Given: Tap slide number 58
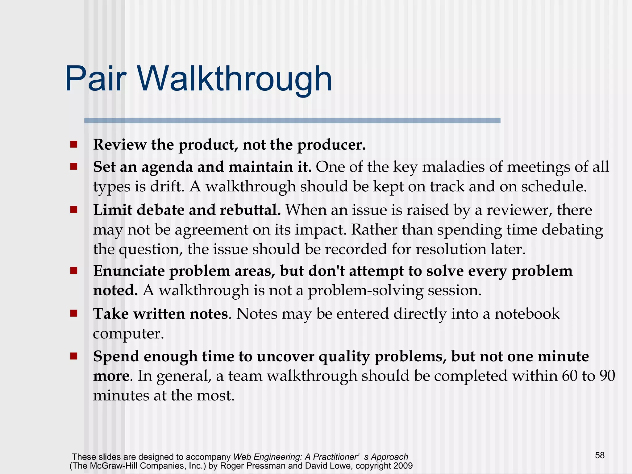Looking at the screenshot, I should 600,455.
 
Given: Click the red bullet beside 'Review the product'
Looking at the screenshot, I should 73,144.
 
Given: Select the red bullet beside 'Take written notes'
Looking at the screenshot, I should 73,314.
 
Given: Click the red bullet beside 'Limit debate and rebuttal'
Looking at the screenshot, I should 73,210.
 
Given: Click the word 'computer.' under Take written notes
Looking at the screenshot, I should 128,334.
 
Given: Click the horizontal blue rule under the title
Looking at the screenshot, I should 292,121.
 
